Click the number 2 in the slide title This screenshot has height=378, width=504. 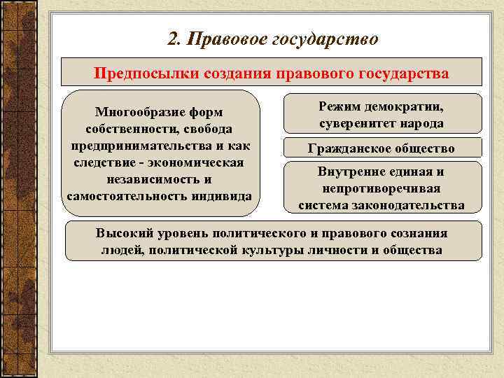coord(173,39)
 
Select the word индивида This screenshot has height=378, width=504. coord(219,195)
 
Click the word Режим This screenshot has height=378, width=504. coord(340,107)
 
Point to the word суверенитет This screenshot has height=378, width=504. coord(354,123)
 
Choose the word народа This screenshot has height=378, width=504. coord(422,123)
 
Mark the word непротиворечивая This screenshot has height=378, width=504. coord(381,189)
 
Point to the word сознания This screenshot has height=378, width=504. coord(417,234)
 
